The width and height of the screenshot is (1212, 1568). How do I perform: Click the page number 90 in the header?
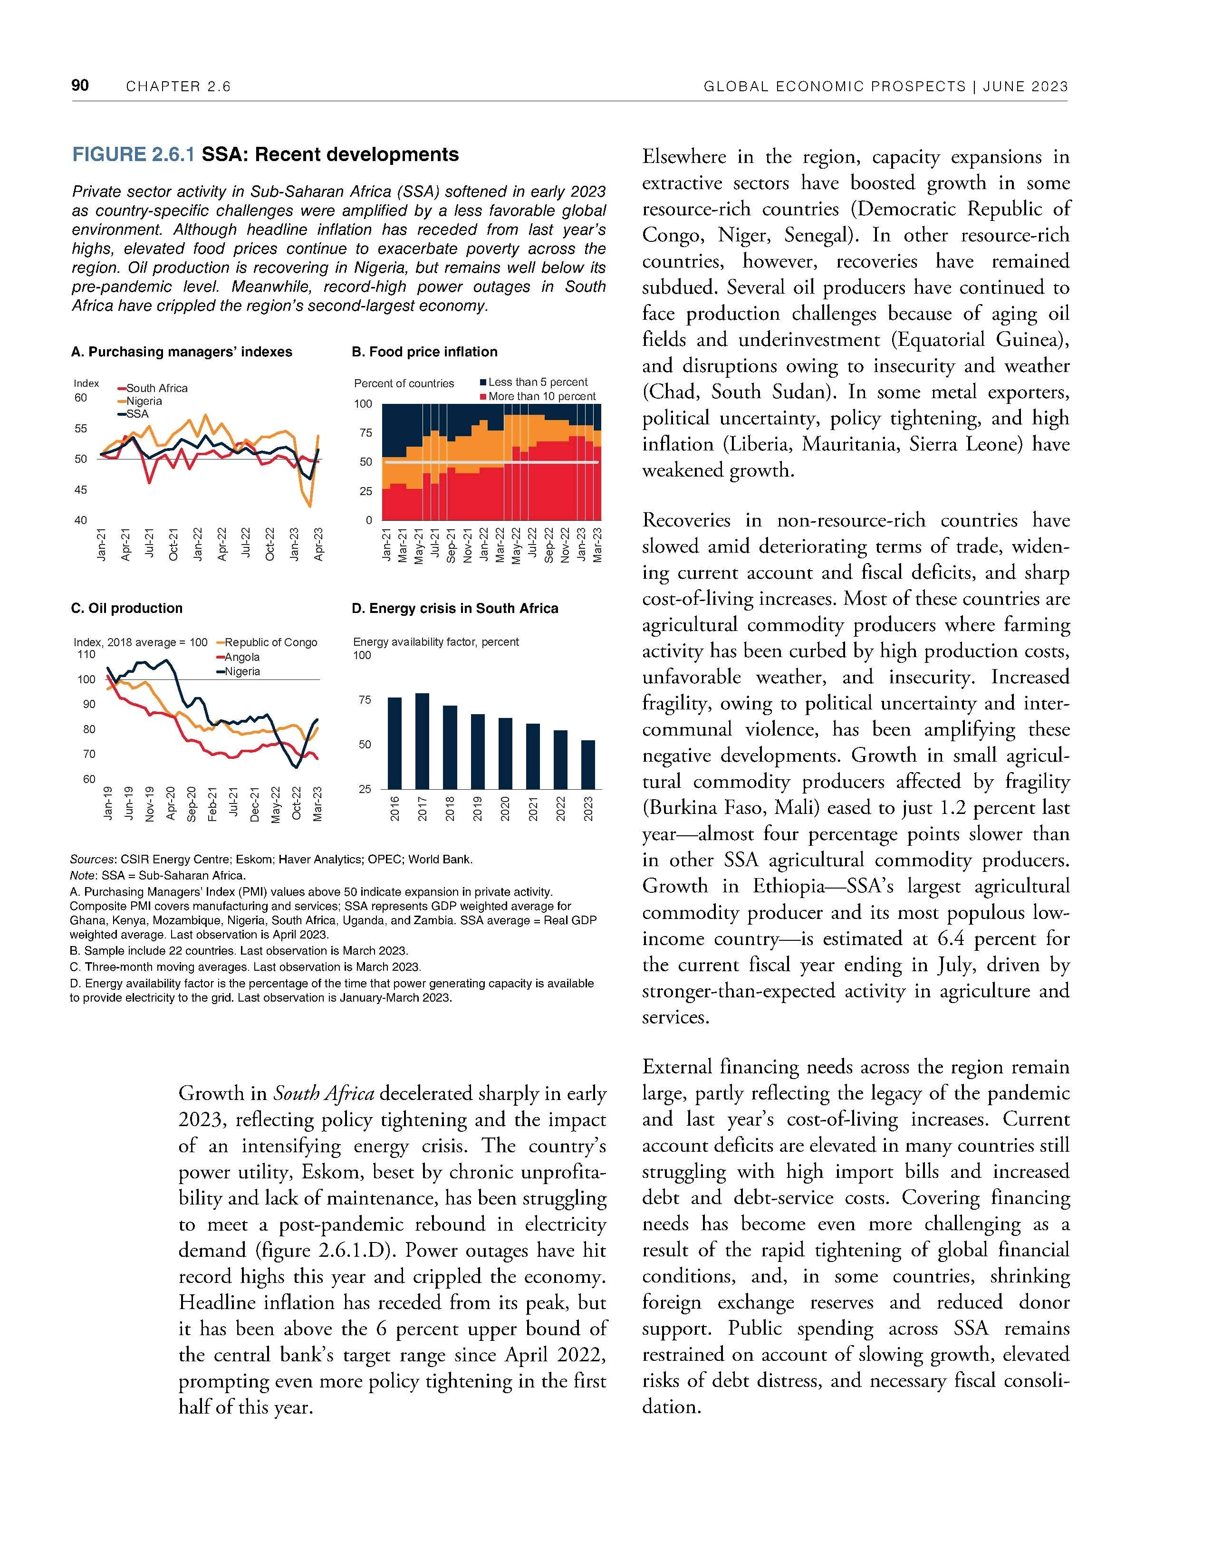point(80,86)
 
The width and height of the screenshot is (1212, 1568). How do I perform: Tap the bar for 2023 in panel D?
point(588,764)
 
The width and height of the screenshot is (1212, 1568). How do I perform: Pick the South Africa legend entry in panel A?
point(156,388)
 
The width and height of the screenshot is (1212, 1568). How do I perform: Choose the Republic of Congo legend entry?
point(271,642)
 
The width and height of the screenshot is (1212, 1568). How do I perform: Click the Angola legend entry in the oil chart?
point(242,657)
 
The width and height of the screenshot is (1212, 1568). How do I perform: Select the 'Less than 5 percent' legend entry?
point(537,382)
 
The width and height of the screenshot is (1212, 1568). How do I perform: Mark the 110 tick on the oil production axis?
point(86,655)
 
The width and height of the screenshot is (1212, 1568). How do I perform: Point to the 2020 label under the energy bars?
point(505,808)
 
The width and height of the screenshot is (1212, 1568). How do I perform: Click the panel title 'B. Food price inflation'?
point(424,352)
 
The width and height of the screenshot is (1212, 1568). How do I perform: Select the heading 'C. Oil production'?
point(127,608)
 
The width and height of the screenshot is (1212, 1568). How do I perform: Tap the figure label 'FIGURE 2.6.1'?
point(134,155)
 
